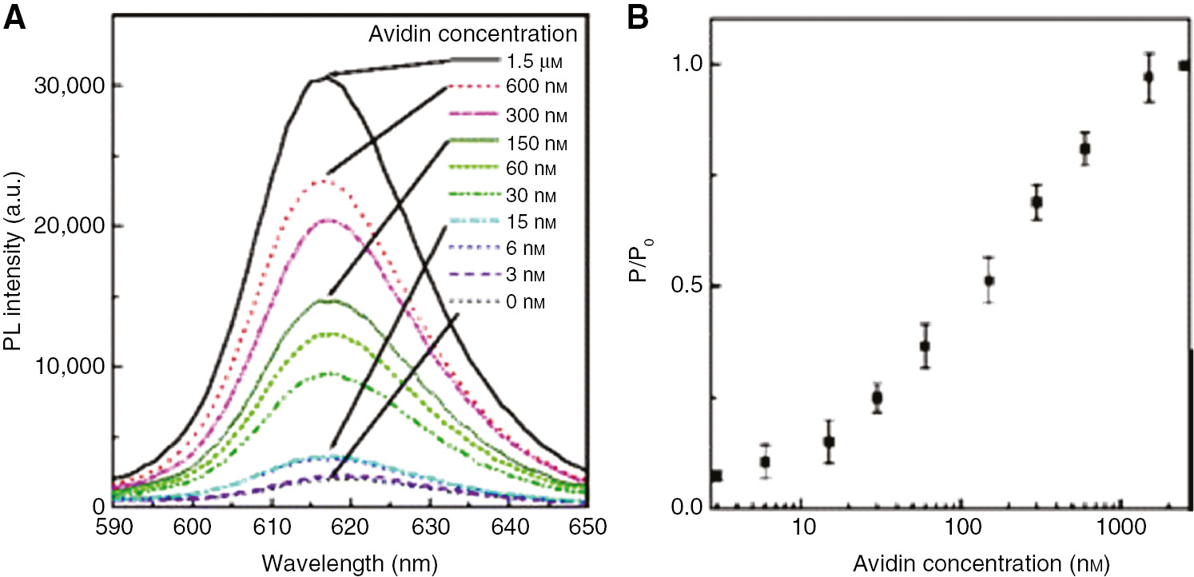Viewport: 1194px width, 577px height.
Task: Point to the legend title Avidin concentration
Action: click(x=472, y=34)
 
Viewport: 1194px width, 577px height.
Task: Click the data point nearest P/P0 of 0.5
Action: click(x=989, y=281)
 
